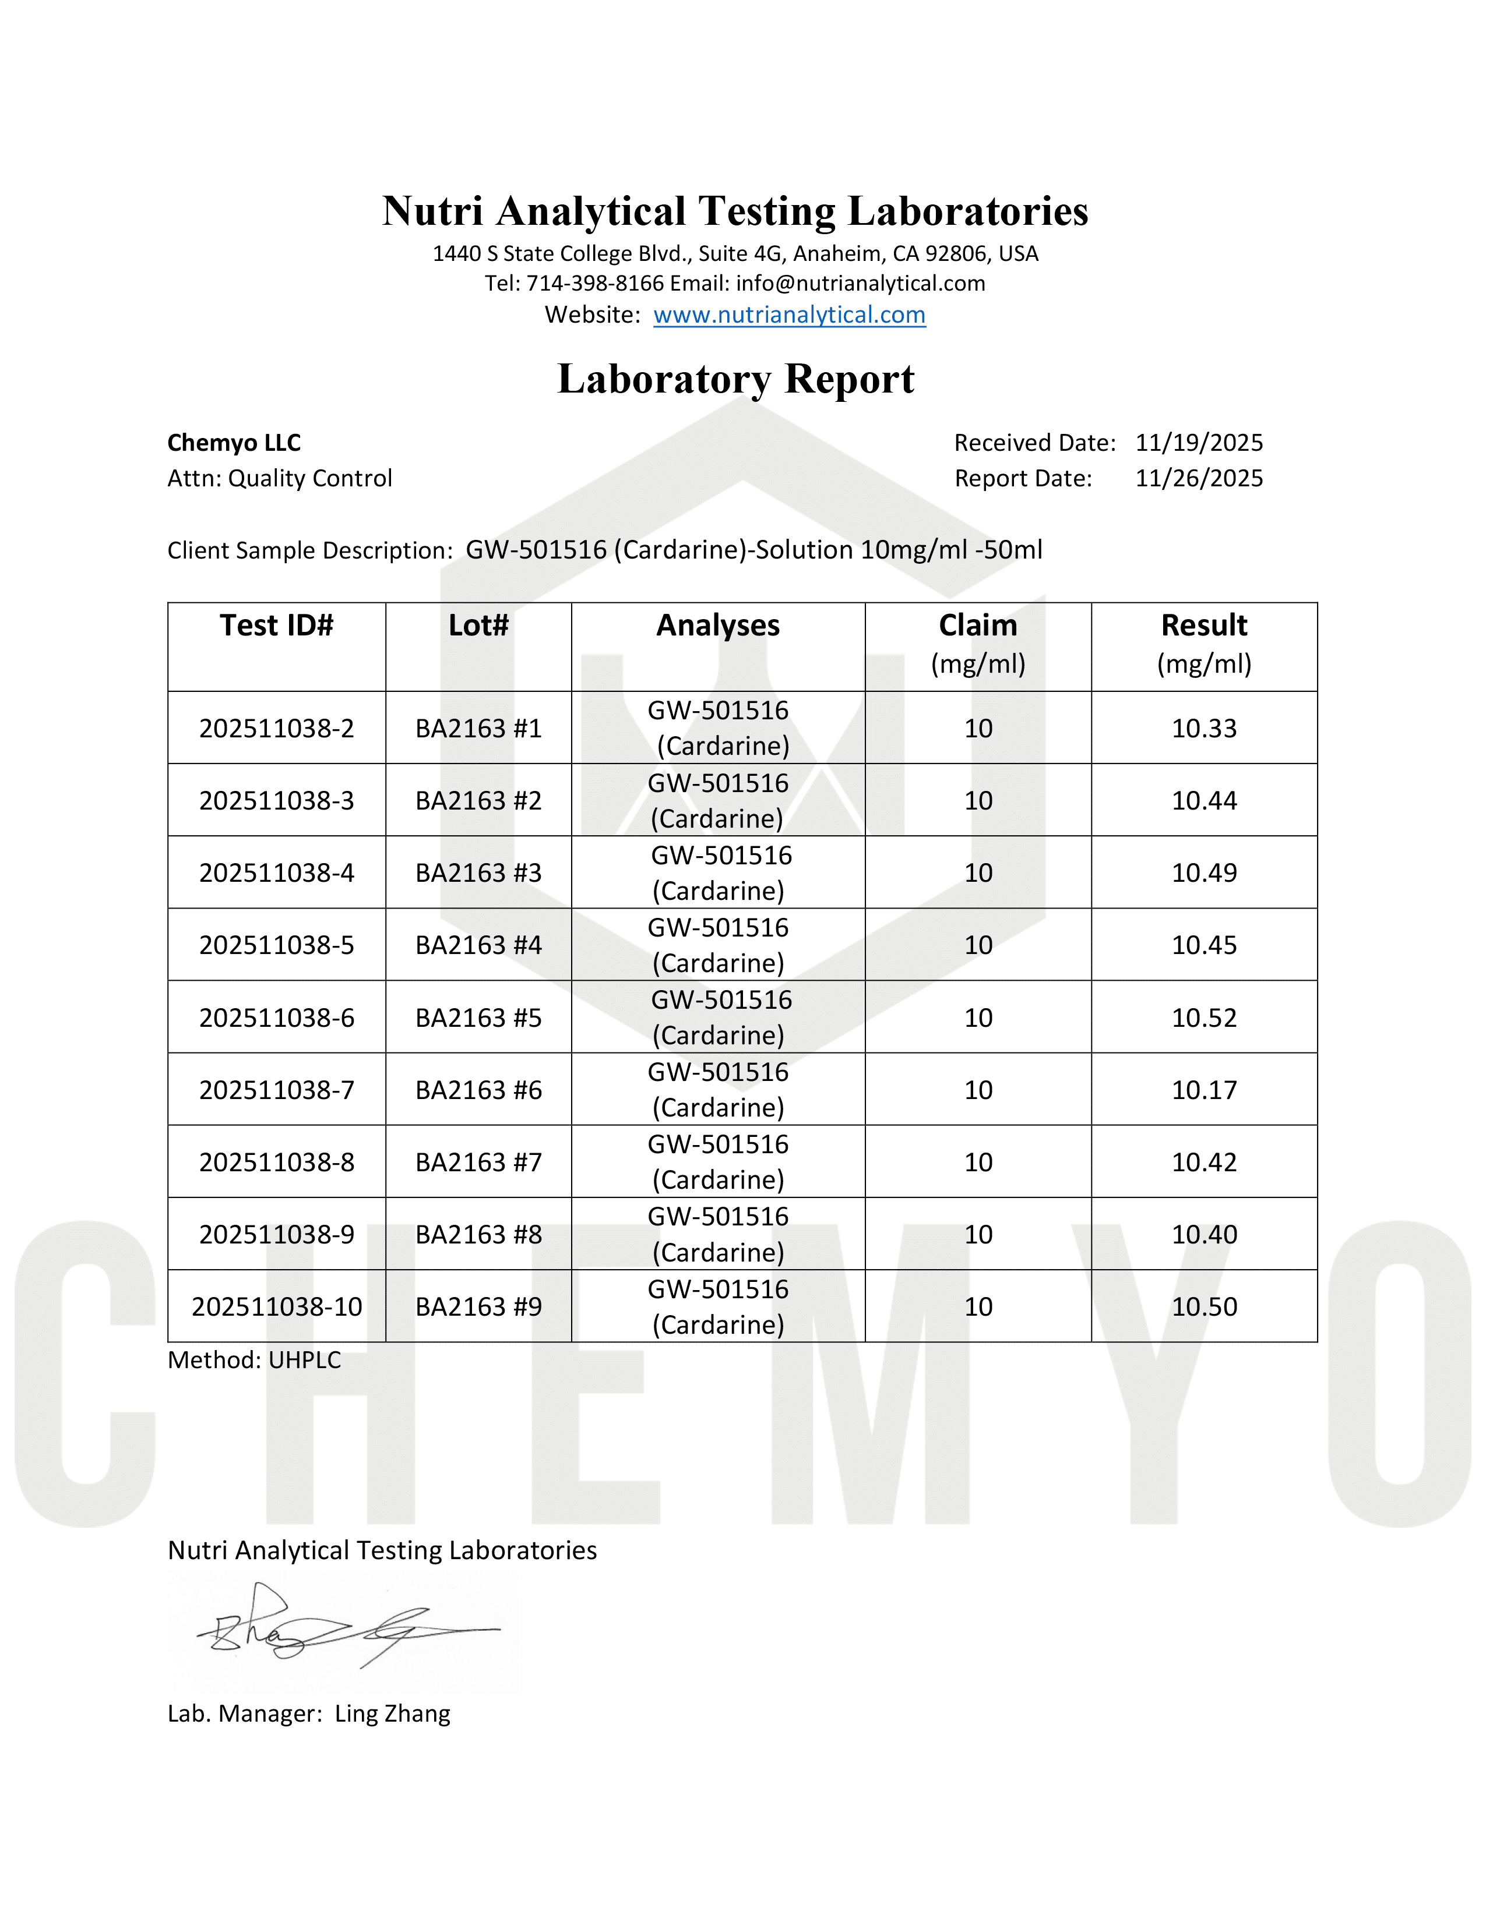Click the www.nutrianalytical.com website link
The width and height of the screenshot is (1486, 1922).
coord(789,315)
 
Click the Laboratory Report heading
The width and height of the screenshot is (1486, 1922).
coord(736,379)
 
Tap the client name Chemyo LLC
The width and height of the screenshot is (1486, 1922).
coord(234,443)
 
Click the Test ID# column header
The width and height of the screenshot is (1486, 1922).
coord(276,626)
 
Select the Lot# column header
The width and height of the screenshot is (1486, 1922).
coord(478,626)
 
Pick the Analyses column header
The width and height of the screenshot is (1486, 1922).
coord(717,626)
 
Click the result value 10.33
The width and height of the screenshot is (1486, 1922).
coord(1203,729)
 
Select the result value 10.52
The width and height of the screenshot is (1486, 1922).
coord(1203,1018)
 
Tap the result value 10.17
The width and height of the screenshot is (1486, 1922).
coord(1203,1090)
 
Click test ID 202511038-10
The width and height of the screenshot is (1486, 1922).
coord(276,1307)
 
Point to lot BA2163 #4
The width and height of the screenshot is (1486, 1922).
coord(478,945)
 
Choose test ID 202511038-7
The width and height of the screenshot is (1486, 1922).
coord(276,1090)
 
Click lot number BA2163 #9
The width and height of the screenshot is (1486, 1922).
coord(478,1307)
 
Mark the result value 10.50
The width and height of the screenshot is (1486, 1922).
coord(1203,1307)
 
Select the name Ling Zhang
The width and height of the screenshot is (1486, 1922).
coord(393,1714)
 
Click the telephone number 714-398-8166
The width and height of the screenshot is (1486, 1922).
coord(595,284)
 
